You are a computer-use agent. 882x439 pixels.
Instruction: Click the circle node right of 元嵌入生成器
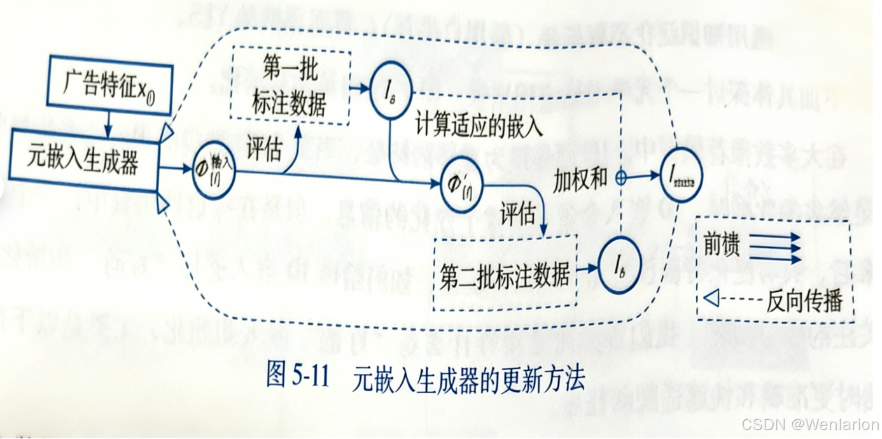pos(213,170)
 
